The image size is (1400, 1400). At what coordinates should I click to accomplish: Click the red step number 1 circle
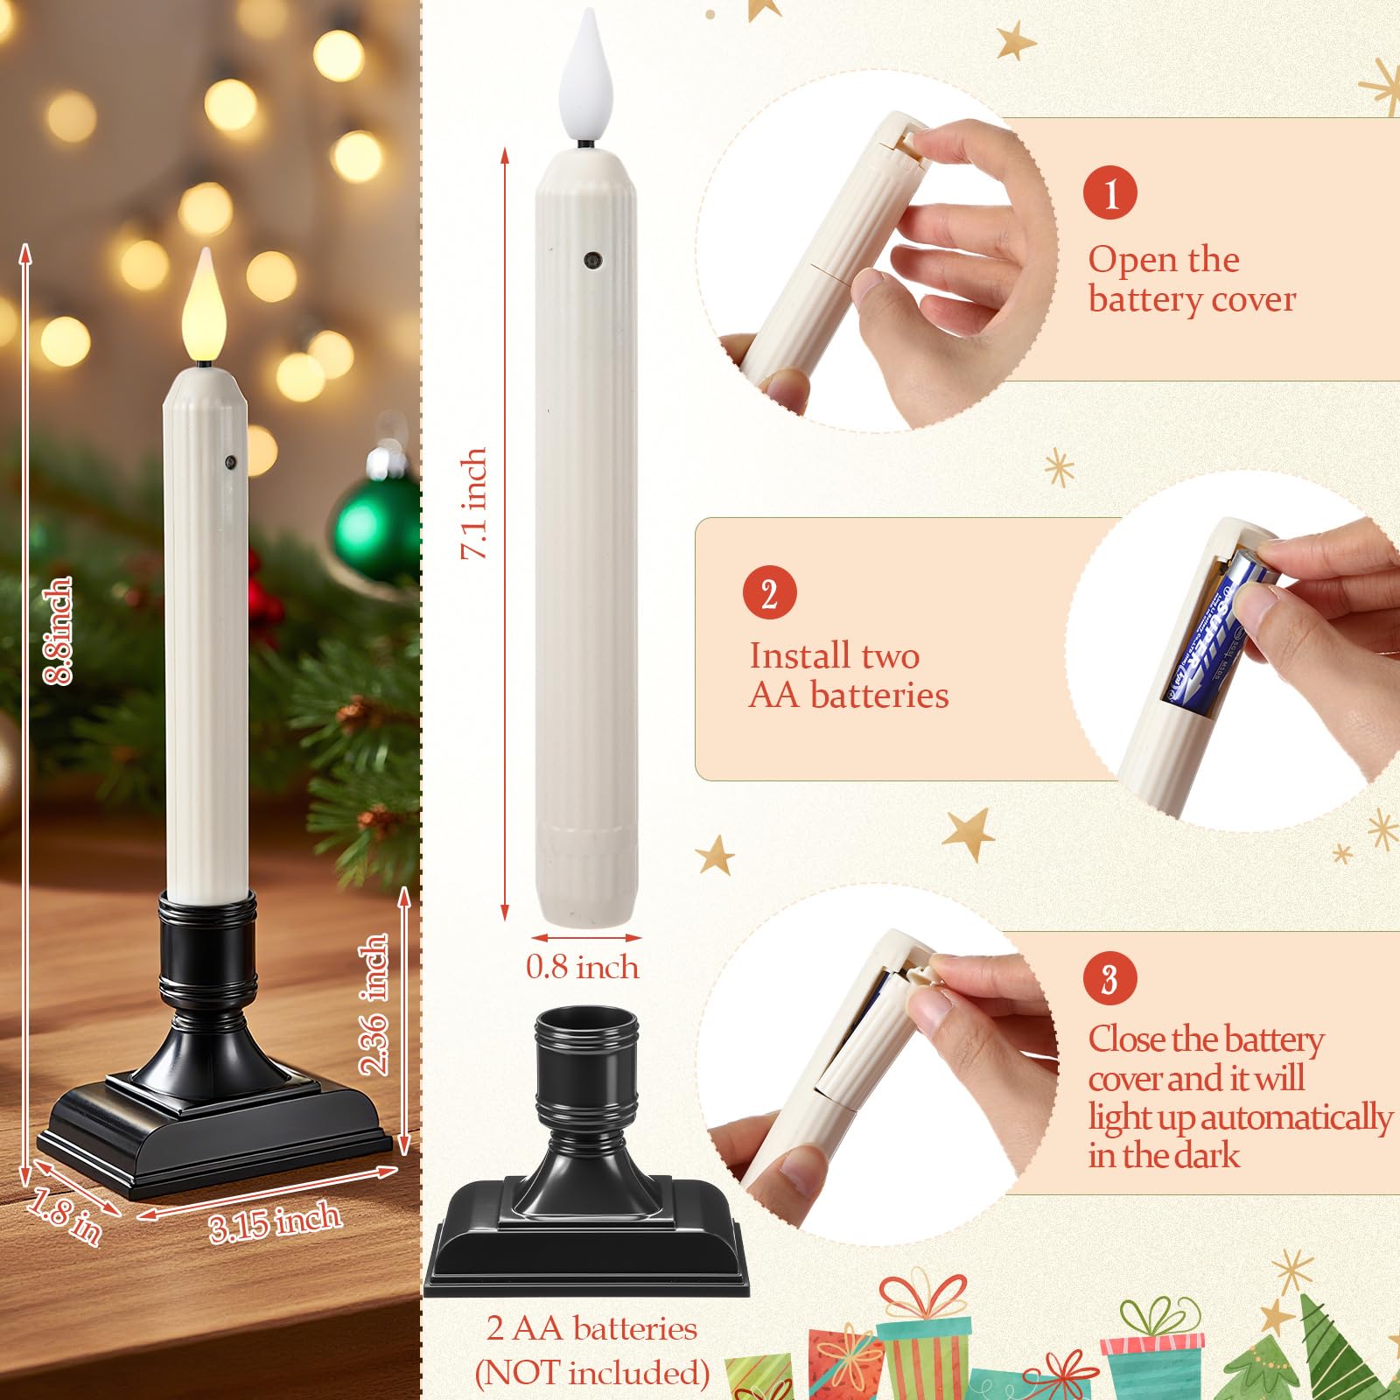[1109, 192]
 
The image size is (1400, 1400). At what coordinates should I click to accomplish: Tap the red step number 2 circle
[769, 593]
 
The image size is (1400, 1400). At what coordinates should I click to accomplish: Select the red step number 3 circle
[1109, 978]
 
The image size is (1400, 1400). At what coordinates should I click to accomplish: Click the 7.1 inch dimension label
[473, 503]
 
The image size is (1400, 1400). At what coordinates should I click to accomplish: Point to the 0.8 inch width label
[583, 967]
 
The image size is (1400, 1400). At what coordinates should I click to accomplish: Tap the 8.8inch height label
[58, 630]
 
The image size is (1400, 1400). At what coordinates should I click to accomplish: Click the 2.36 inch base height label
[373, 1004]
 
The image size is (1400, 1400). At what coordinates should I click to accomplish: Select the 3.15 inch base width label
[275, 1221]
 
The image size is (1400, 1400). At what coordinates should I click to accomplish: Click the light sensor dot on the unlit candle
[591, 260]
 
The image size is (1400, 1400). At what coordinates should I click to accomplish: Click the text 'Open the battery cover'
[1192, 279]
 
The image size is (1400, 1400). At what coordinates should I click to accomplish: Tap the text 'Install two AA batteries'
[849, 675]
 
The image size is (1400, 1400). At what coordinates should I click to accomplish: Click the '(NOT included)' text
[591, 1372]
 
